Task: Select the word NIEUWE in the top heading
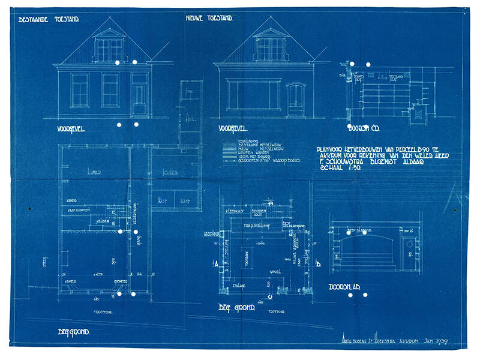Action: click(x=197, y=19)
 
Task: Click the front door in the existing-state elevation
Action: click(x=139, y=99)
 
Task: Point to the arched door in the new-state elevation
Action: click(x=295, y=100)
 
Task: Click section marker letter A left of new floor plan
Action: click(x=214, y=263)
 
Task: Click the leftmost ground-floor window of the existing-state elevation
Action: click(x=80, y=90)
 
